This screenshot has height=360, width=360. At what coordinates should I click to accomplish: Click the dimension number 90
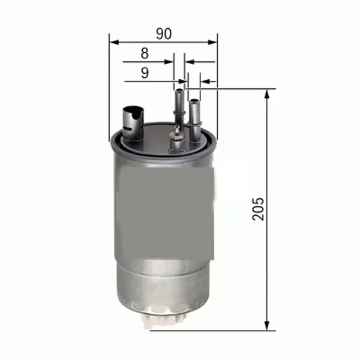(x=163, y=34)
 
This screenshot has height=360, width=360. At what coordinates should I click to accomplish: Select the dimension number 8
(x=144, y=53)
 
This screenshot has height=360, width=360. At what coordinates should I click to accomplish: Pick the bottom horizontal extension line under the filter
(x=210, y=329)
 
